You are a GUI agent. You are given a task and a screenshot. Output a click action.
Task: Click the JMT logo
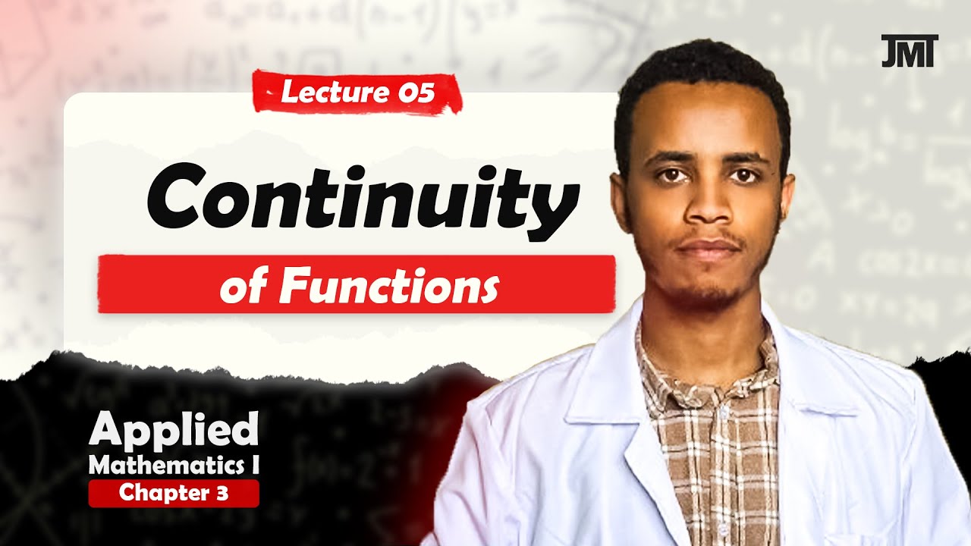coord(910,51)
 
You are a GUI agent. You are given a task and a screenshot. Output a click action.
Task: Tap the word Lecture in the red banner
coord(328,93)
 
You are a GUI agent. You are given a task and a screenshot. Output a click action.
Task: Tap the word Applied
coord(174,431)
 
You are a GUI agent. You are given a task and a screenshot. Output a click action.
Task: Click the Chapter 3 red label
coord(174,494)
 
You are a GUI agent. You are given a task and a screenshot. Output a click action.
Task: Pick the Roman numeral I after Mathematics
coord(254,463)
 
